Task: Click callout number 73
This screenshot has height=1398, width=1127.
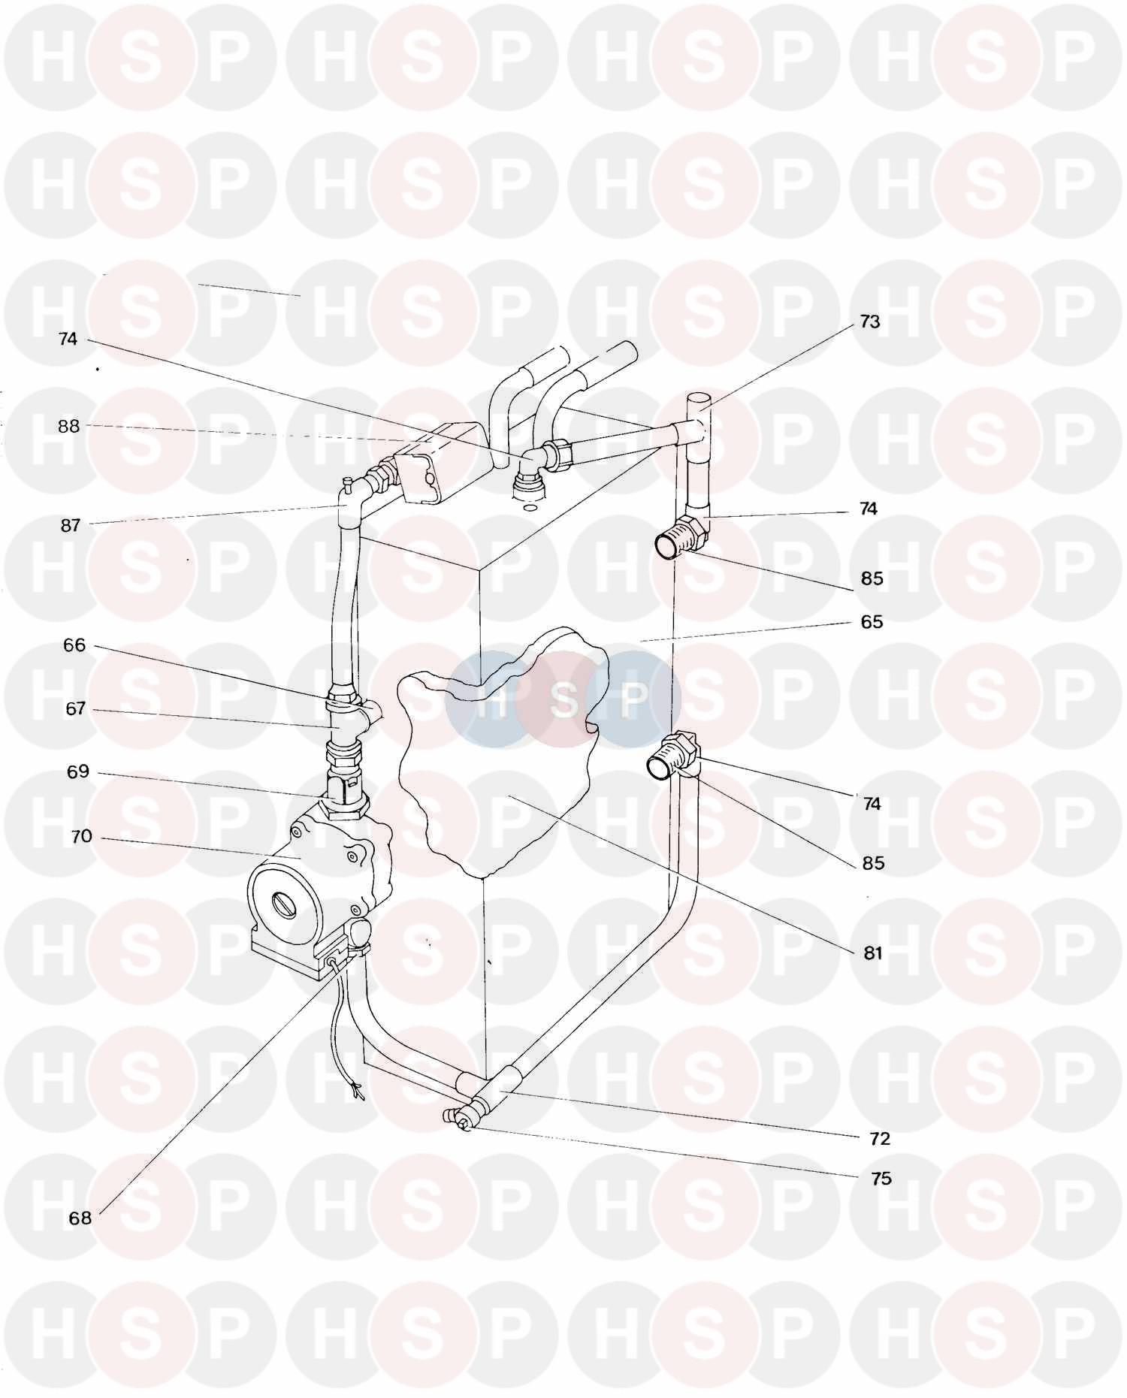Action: click(x=869, y=322)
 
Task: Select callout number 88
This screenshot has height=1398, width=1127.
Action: click(x=68, y=426)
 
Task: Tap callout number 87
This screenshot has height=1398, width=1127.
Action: click(x=70, y=525)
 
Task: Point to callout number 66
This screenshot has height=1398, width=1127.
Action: click(x=74, y=645)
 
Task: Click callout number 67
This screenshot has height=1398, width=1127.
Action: click(x=75, y=708)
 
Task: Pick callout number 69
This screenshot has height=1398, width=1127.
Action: click(x=78, y=771)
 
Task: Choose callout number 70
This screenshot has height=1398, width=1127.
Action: click(x=81, y=836)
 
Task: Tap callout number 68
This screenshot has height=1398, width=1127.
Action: click(x=80, y=1218)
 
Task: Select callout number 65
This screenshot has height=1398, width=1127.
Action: click(x=872, y=622)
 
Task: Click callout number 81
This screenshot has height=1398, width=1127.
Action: click(x=872, y=953)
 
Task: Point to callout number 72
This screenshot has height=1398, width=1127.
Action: click(x=879, y=1138)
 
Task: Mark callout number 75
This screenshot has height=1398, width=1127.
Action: click(x=881, y=1178)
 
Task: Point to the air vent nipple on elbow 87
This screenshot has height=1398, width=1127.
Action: click(x=349, y=481)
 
